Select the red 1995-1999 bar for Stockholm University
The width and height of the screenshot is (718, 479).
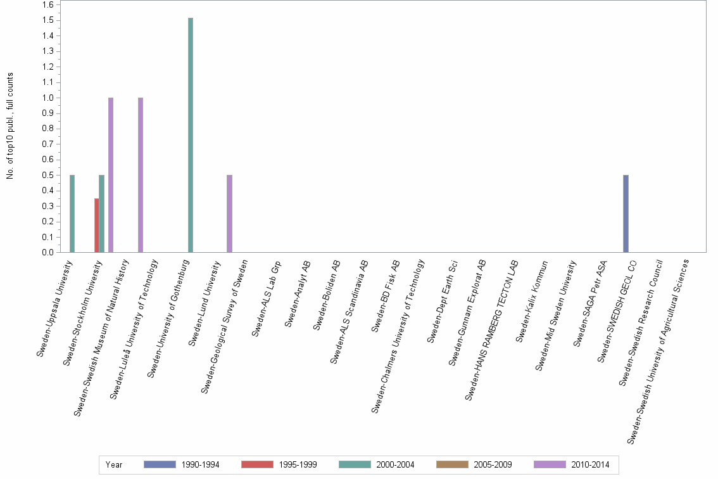point(96,226)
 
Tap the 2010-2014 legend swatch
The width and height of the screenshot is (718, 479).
point(550,464)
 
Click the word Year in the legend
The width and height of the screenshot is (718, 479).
point(114,464)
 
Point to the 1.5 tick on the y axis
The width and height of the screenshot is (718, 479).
point(48,20)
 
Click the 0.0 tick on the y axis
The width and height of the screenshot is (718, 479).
point(48,253)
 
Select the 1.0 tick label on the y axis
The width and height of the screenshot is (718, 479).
point(48,98)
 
